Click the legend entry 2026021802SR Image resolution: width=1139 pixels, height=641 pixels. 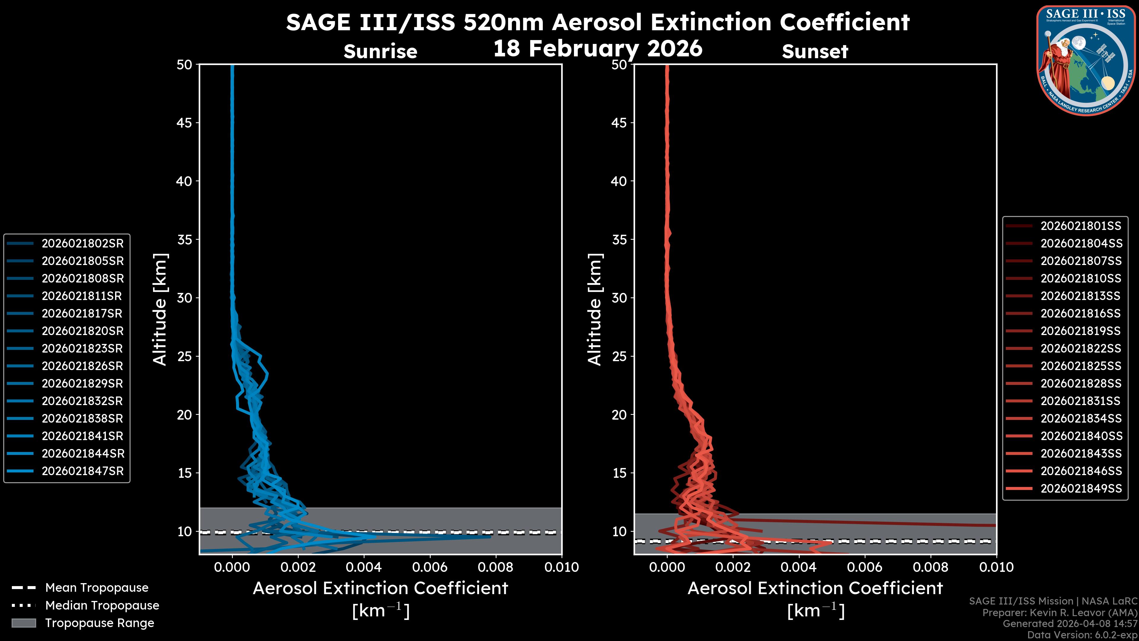pyautogui.click(x=82, y=243)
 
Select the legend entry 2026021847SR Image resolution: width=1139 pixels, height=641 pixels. pyautogui.click(x=82, y=471)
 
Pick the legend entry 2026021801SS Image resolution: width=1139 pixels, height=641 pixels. pyautogui.click(x=1081, y=226)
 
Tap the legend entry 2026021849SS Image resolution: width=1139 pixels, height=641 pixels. pyautogui.click(x=1081, y=488)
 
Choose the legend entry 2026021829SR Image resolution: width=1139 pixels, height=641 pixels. pyautogui.click(x=82, y=383)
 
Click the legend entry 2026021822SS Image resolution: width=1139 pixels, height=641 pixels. pyautogui.click(x=1081, y=349)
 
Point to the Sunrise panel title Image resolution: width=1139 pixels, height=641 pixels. pyautogui.click(x=380, y=51)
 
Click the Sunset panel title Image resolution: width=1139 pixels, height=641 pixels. pyautogui.click(x=815, y=51)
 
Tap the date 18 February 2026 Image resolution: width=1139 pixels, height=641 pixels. pyautogui.click(x=597, y=48)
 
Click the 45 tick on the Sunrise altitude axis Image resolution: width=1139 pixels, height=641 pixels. pyautogui.click(x=184, y=123)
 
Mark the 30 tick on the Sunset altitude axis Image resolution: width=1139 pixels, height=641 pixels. pyautogui.click(x=619, y=298)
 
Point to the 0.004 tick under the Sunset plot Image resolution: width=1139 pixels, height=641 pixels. pyautogui.click(x=798, y=567)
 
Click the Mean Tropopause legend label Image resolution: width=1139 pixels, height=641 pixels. pyautogui.click(x=97, y=588)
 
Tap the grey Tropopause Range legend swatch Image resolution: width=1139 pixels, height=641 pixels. pyautogui.click(x=23, y=623)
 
